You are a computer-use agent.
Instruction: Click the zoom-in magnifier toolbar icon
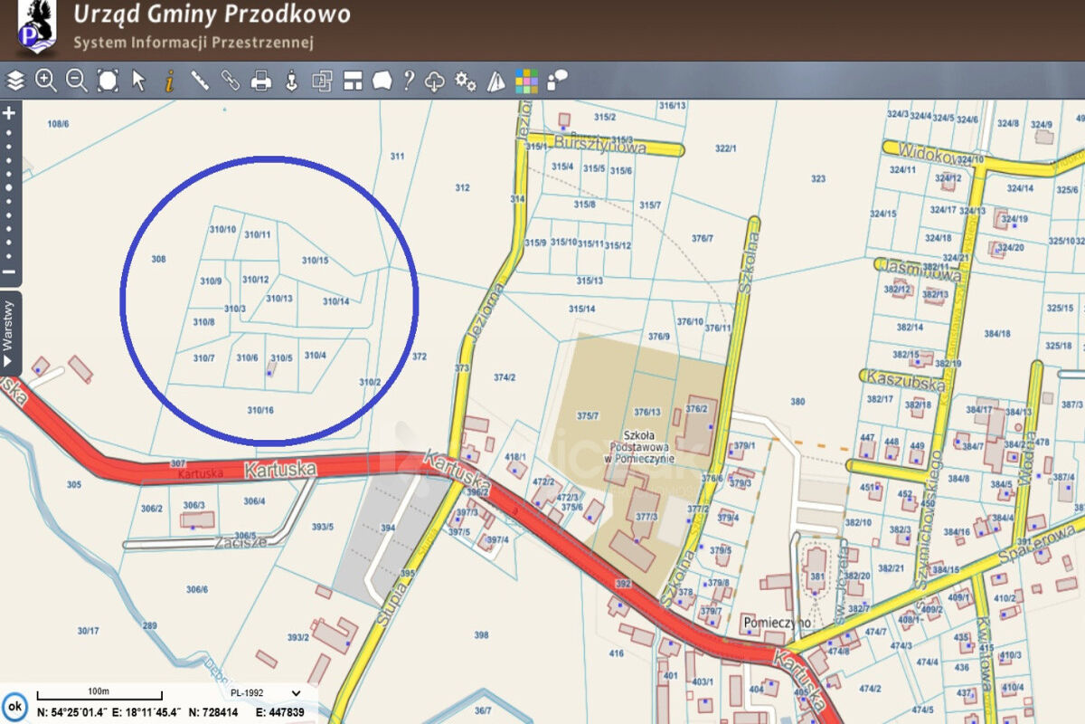45,81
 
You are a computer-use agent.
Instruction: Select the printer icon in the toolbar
260,81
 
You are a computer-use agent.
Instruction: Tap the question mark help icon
409,81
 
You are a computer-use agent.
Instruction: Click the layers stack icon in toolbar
14,81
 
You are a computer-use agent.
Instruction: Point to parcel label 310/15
315,261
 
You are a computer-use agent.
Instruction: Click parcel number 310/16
260,410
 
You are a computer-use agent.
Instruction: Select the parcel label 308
158,259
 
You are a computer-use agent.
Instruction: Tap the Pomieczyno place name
774,623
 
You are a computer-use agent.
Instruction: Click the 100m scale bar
99,694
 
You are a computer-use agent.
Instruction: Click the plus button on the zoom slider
10,113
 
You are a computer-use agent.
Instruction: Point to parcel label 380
797,401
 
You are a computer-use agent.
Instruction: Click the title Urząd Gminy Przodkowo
211,14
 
